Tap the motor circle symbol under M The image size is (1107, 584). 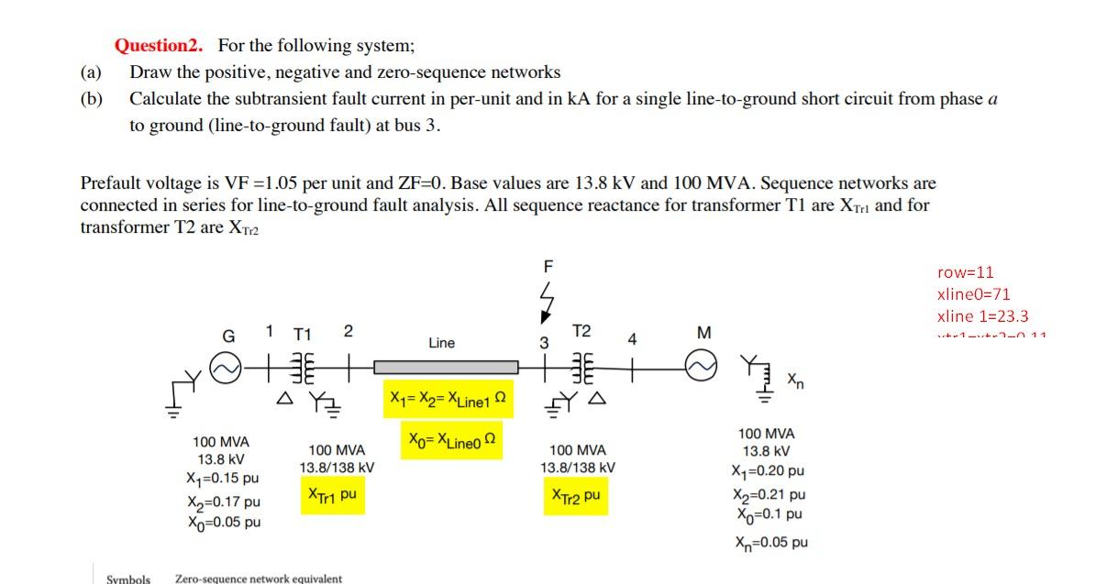tap(703, 368)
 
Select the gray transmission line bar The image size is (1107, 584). tap(446, 367)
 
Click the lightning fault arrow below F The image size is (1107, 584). tap(548, 302)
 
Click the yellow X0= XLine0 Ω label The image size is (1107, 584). tap(451, 441)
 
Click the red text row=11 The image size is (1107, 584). tap(965, 272)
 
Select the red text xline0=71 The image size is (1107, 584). tap(973, 294)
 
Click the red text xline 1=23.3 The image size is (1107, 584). tap(982, 316)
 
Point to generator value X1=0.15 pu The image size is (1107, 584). tap(222, 479)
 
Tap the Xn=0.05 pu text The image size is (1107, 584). tap(770, 542)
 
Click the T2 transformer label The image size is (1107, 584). tap(581, 331)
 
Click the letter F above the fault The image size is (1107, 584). tap(548, 267)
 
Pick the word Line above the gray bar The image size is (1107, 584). tap(441, 343)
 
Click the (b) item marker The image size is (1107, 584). tap(92, 99)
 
